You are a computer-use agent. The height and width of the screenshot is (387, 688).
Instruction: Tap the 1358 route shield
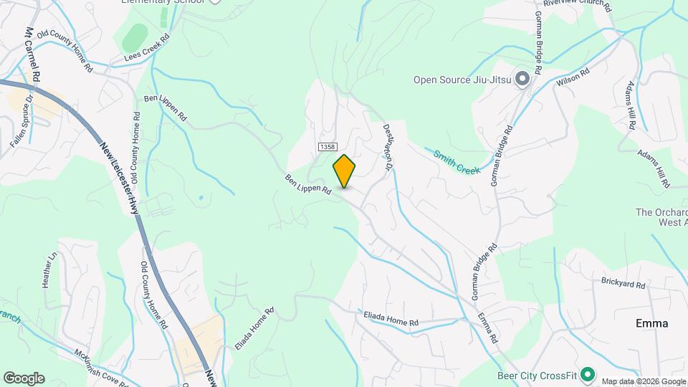(328, 146)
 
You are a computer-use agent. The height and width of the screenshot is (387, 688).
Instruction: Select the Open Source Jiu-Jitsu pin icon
(522, 79)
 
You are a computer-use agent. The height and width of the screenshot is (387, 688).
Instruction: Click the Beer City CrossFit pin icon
(588, 374)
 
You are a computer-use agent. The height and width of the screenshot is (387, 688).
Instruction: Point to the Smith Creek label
(456, 162)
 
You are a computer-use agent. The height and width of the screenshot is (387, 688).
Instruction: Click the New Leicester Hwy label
(120, 175)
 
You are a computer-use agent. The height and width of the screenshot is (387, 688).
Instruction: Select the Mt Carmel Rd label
(33, 54)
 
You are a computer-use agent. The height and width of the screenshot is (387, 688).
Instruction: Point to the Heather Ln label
(49, 269)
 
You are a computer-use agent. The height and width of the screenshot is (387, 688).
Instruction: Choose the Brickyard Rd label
(623, 285)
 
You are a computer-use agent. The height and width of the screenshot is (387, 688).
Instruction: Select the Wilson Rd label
(573, 78)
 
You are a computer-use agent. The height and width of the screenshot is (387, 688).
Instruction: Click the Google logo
(24, 378)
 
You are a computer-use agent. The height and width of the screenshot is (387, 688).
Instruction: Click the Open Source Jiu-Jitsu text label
(462, 80)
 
